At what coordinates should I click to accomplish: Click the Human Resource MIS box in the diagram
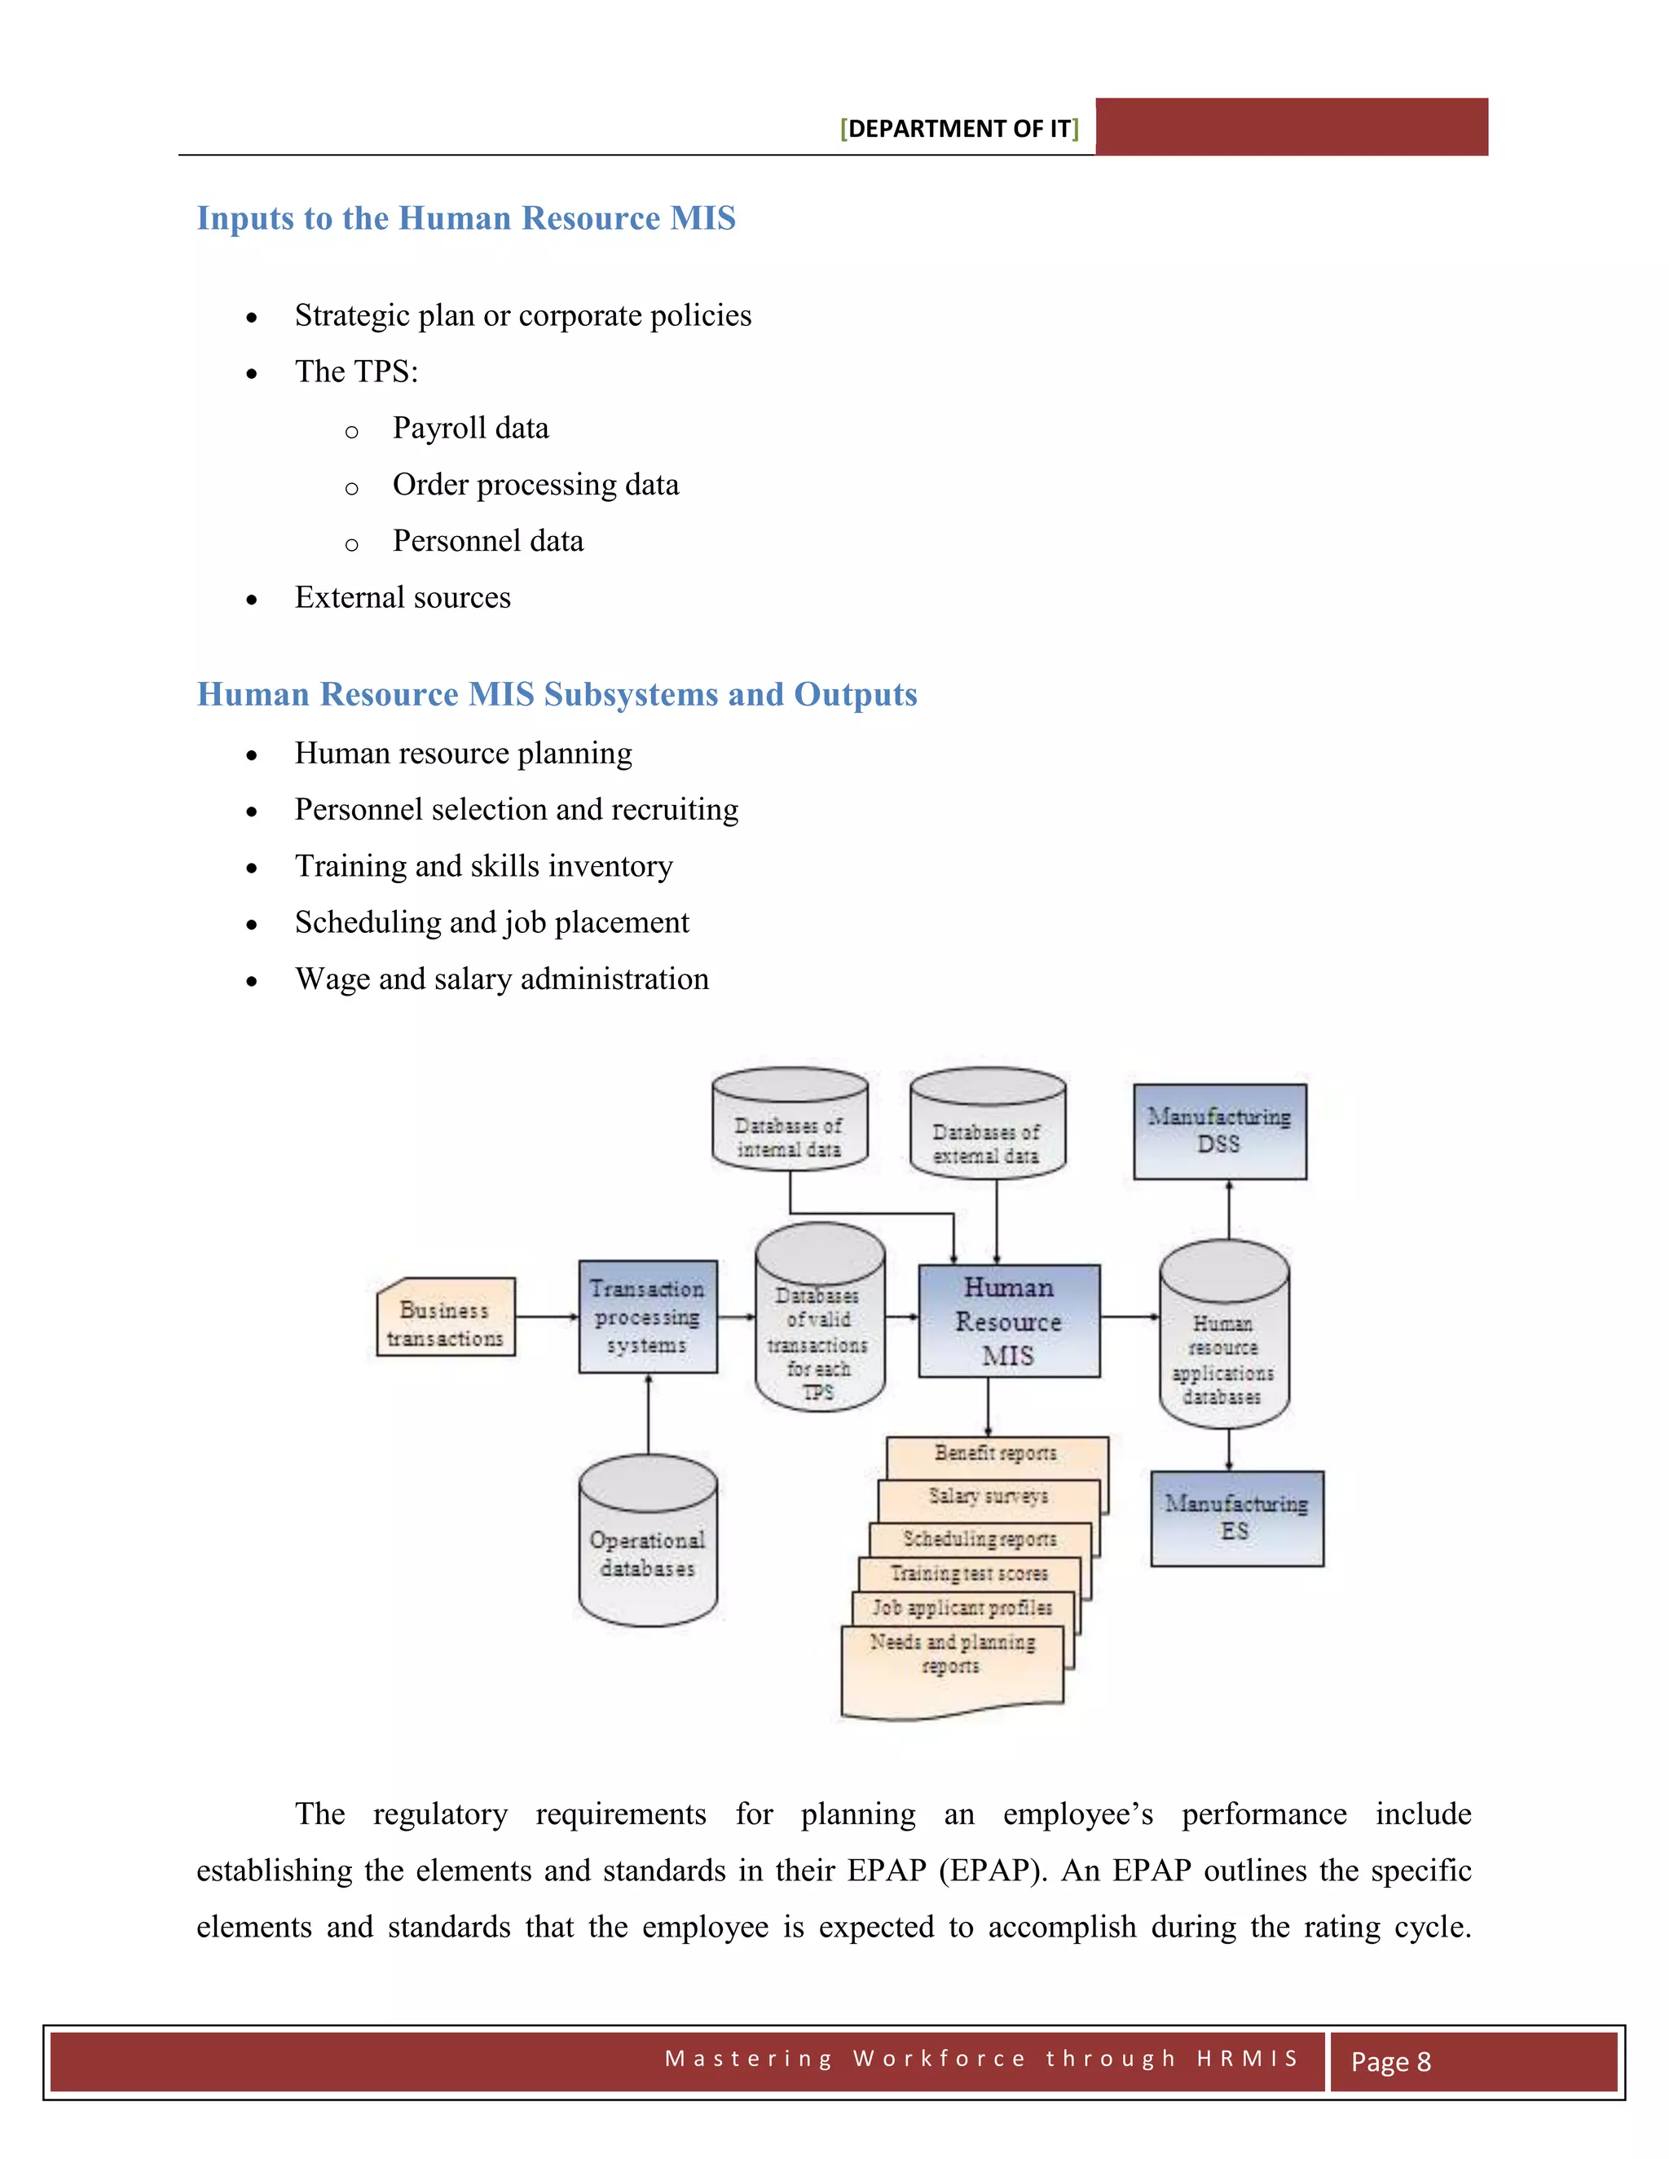1009,1321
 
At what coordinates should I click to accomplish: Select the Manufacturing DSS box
1219,1131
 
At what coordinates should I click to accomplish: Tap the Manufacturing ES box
1236,1518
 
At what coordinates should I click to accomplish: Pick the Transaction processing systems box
648,1317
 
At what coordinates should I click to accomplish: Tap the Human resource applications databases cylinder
1223,1344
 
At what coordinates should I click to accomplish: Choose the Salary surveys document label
988,1496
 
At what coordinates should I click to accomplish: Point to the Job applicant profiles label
962,1607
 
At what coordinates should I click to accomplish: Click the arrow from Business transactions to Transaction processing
547,1317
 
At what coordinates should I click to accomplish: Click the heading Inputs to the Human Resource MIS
465,218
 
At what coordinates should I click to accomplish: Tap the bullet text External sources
403,597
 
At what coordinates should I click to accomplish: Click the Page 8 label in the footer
1390,2061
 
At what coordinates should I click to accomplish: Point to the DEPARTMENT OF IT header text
959,129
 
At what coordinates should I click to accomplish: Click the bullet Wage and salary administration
501,978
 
